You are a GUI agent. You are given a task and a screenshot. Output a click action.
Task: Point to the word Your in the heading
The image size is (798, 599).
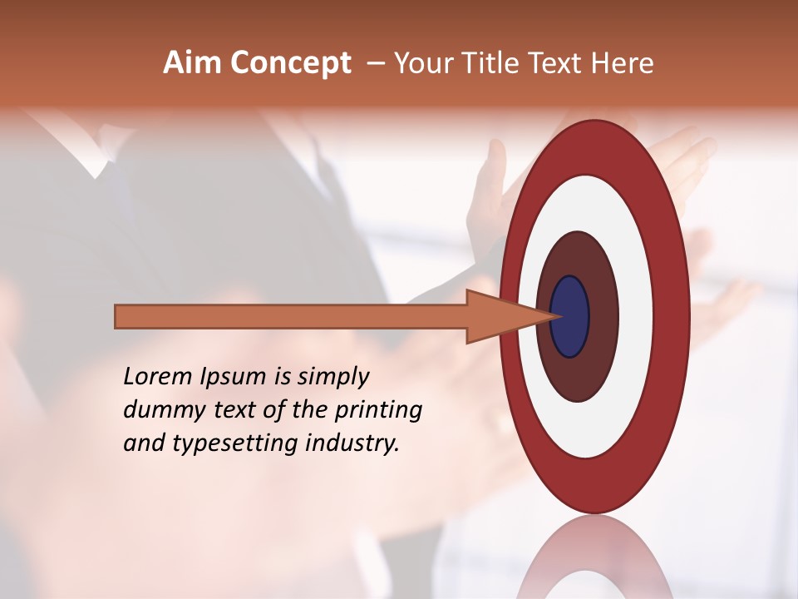423,63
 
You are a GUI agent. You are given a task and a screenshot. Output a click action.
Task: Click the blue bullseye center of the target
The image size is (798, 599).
569,317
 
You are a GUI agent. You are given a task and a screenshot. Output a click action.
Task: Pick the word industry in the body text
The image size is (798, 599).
350,443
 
